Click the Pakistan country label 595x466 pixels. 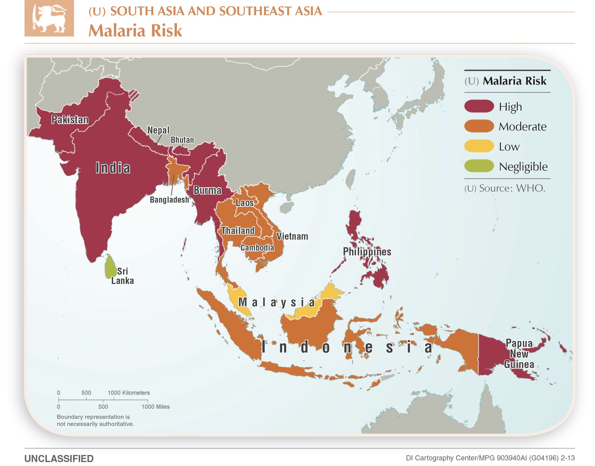pyautogui.click(x=70, y=120)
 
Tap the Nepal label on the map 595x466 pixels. pyautogui.click(x=158, y=130)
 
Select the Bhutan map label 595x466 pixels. pyautogui.click(x=182, y=140)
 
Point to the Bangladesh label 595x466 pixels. pyautogui.click(x=169, y=200)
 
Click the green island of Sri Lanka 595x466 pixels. pyautogui.click(x=110, y=267)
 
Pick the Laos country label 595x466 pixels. pyautogui.click(x=245, y=203)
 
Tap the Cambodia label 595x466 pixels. pyautogui.click(x=257, y=248)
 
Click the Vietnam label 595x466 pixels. pyautogui.click(x=292, y=236)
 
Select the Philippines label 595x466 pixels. pyautogui.click(x=367, y=251)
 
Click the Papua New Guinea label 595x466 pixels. pyautogui.click(x=519, y=354)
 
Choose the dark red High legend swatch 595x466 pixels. pyautogui.click(x=479, y=106)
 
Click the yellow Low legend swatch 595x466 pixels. pyautogui.click(x=479, y=146)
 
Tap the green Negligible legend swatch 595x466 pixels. pyautogui.click(x=479, y=166)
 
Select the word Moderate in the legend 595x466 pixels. pyautogui.click(x=522, y=126)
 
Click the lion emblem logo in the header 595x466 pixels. pyautogui.click(x=49, y=18)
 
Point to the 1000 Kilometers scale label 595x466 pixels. pyautogui.click(x=129, y=393)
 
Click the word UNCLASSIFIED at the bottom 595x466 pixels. pyautogui.click(x=59, y=459)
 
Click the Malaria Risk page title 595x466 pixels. pyautogui.click(x=135, y=30)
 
